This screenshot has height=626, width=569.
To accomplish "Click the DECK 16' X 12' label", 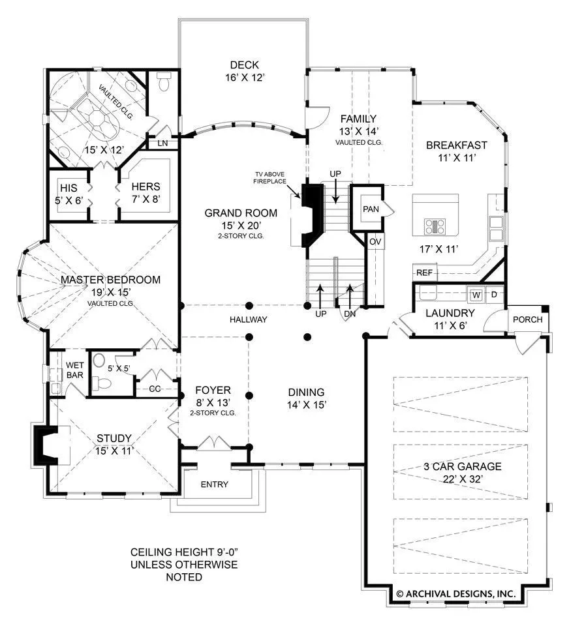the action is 245,71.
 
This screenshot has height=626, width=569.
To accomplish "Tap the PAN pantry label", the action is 371,209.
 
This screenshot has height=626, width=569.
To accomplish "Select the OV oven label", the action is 375,241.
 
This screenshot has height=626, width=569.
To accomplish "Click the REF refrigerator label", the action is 424,273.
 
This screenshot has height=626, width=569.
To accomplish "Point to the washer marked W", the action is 476,295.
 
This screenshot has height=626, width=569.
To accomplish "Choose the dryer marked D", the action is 494,295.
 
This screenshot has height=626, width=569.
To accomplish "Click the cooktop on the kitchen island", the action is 435,227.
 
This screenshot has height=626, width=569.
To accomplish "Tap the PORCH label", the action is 527,320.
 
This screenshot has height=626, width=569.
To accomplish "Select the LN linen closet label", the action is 162,143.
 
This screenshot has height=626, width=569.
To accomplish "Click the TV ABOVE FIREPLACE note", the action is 270,177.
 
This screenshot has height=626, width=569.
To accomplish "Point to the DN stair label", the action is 350,314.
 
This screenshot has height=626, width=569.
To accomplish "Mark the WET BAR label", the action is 75,370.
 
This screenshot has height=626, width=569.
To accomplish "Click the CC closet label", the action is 155,389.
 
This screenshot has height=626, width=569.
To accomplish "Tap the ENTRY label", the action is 215,484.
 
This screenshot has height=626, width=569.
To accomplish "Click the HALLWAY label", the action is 249,320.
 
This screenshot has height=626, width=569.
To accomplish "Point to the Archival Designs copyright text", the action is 456,594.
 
